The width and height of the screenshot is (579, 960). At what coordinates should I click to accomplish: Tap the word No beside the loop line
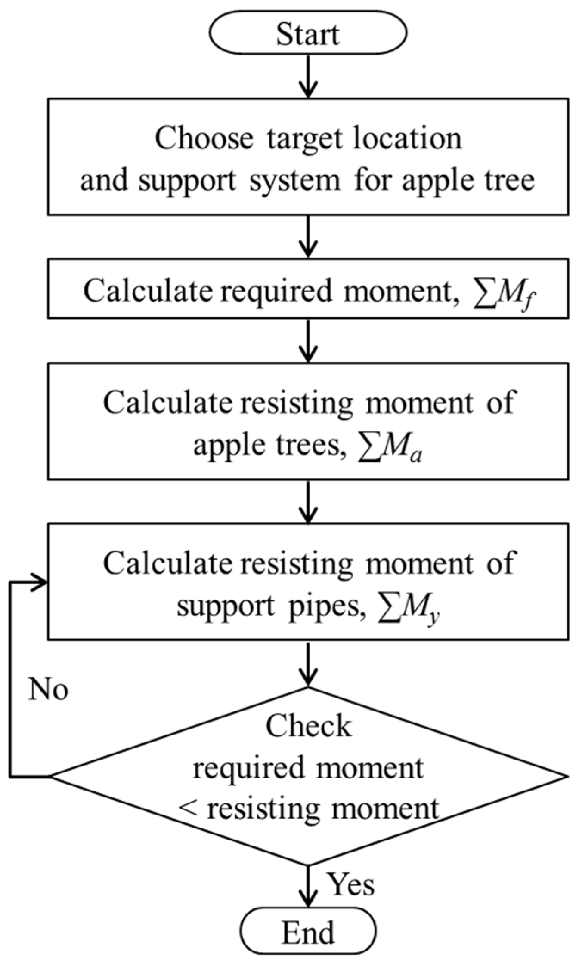48,689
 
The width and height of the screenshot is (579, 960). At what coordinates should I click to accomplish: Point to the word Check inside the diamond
308,726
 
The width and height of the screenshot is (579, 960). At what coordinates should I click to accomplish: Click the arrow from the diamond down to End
308,886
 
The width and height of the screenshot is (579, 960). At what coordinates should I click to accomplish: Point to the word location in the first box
407,138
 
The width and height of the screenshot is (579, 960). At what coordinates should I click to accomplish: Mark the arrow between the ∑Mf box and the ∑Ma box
308,340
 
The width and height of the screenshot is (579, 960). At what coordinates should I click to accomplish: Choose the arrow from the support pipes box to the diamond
308,663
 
